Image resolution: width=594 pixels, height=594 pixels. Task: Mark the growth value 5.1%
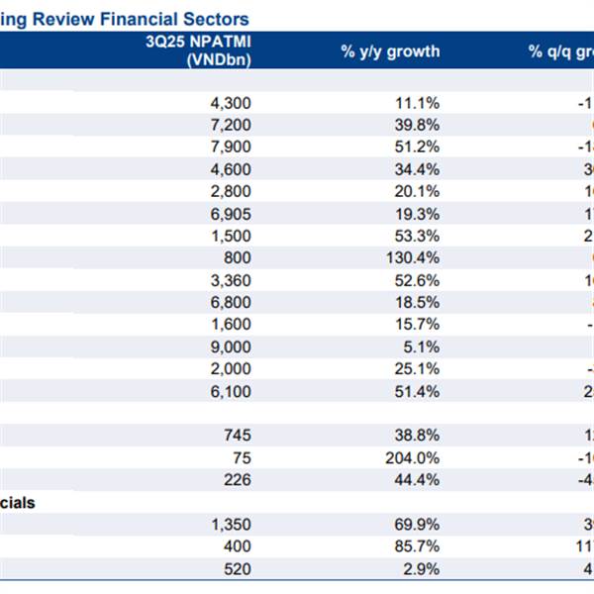420,347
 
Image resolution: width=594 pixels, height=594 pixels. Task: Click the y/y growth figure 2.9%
420,570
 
